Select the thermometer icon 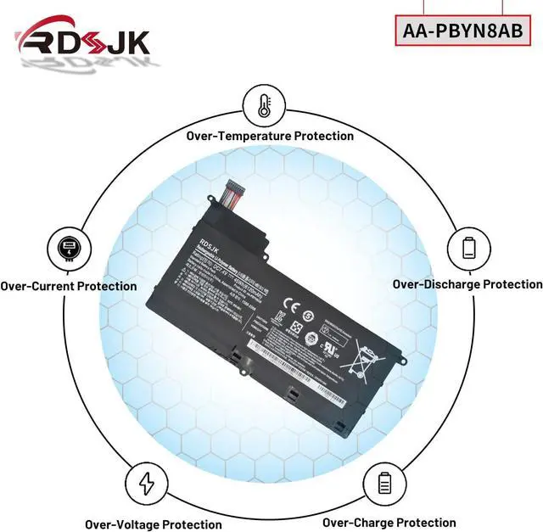263,106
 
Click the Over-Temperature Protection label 270,136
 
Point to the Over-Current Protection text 68,286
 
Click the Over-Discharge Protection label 467,284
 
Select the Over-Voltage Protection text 153,524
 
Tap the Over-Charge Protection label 389,523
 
